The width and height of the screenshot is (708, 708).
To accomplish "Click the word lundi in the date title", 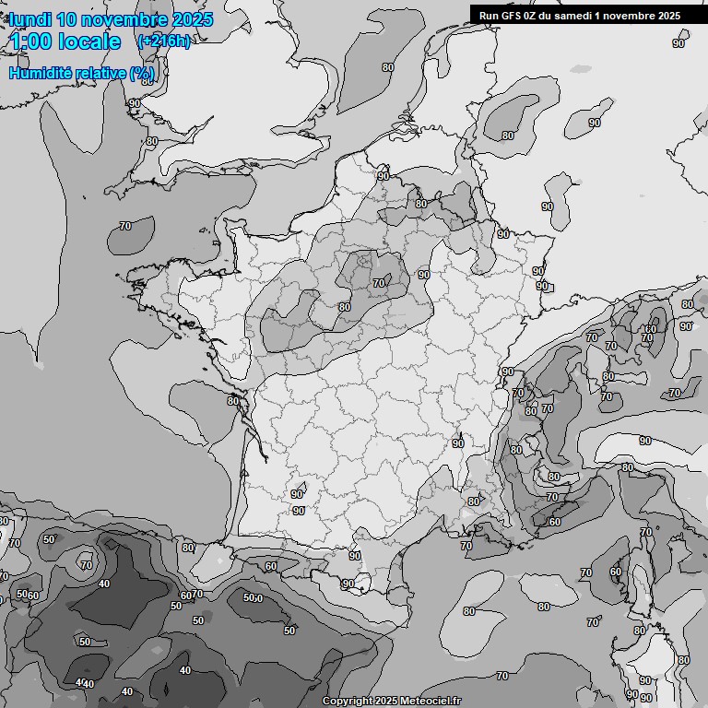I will tap(31, 19).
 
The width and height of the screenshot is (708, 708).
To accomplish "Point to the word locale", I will tap(91, 41).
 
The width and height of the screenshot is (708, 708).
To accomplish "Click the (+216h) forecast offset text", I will tap(163, 41).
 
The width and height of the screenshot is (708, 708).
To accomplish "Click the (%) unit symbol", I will tap(142, 72).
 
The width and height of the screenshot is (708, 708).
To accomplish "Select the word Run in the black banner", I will tap(489, 15).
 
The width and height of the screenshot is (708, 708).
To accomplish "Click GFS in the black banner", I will tap(512, 15).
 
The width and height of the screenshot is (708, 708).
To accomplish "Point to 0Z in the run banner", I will tap(533, 15).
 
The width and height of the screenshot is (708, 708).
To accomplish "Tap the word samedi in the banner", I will tap(573, 15).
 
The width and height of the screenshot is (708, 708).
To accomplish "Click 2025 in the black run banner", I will tap(665, 15).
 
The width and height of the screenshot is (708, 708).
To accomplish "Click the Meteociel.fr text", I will tap(431, 701).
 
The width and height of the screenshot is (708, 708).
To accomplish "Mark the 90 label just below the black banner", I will tap(678, 43).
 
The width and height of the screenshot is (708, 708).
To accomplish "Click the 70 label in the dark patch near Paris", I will tap(378, 284).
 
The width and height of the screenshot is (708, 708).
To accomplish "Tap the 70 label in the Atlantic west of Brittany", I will tap(125, 226).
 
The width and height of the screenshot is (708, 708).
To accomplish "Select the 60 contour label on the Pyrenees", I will tap(270, 566).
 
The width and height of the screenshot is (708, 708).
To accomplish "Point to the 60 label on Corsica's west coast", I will tap(615, 572).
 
